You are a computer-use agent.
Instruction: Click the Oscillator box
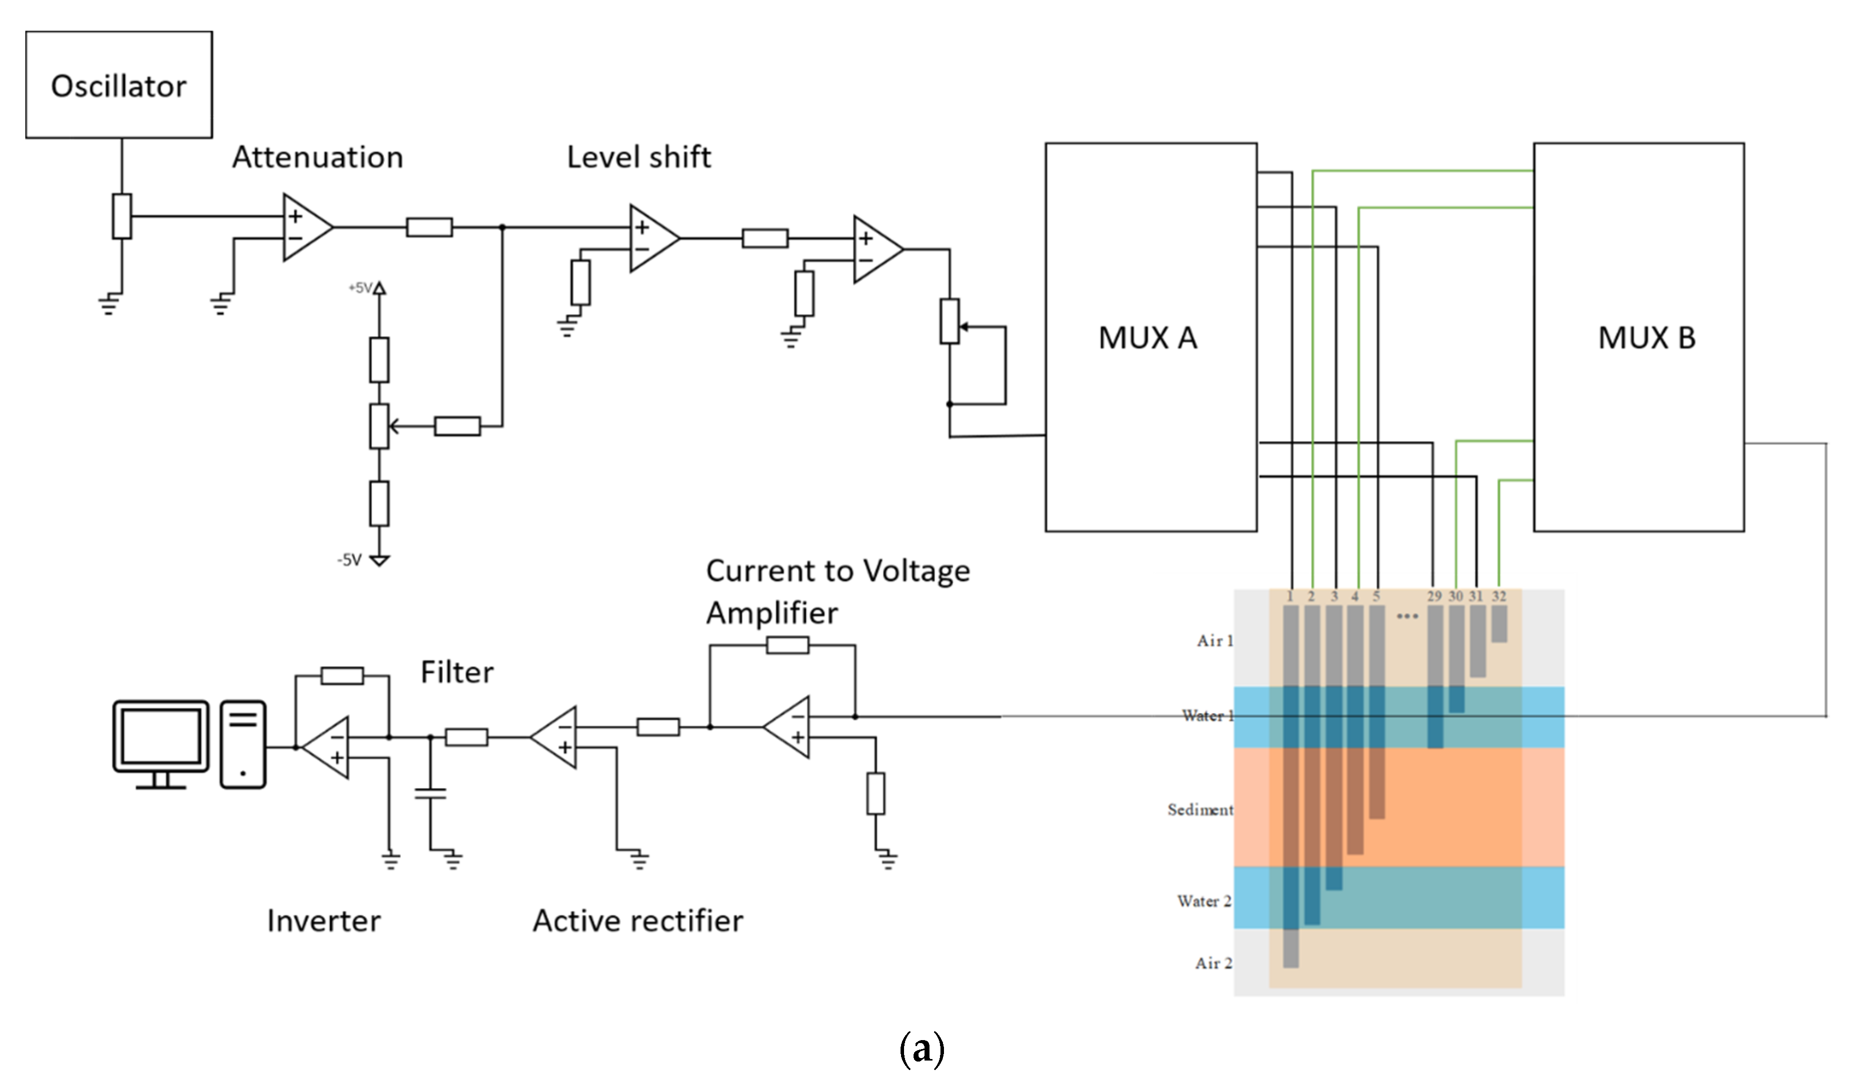(x=118, y=85)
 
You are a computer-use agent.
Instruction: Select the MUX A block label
(x=1148, y=338)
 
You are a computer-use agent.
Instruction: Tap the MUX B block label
(x=1647, y=338)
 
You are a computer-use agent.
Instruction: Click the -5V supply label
(x=349, y=560)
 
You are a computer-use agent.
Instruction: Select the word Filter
(x=456, y=672)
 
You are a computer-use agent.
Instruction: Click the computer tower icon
(x=243, y=744)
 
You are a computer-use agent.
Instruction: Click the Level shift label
(x=638, y=157)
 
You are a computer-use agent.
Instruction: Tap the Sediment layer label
(x=1200, y=810)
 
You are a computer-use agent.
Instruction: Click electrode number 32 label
(x=1499, y=596)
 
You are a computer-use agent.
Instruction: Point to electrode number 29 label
(x=1434, y=596)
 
